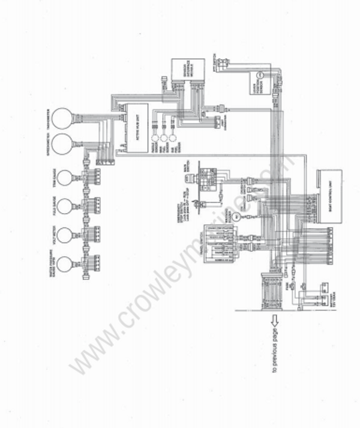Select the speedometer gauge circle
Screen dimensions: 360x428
(61, 144)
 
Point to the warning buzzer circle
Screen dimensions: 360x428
(237, 216)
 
